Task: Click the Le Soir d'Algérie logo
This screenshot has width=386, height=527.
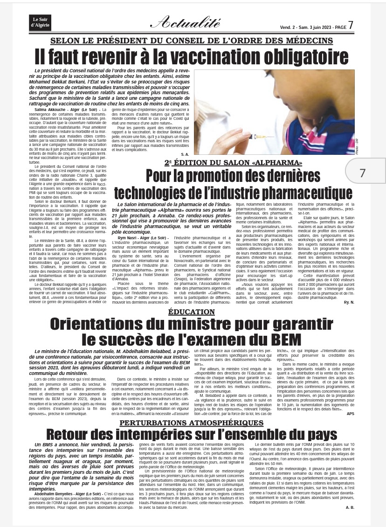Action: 41,21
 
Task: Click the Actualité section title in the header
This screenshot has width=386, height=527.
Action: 185,21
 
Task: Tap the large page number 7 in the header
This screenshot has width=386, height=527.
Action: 351,24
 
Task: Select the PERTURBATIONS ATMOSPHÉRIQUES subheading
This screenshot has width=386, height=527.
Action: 192,423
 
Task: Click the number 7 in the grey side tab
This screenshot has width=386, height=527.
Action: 363,173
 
